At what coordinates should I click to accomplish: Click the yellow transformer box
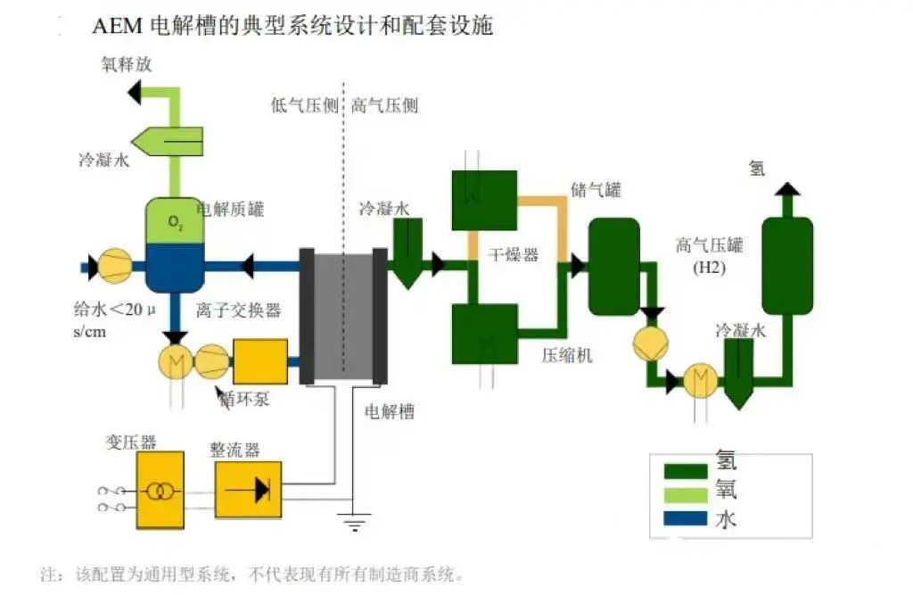tap(160, 490)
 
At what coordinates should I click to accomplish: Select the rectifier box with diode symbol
tap(248, 489)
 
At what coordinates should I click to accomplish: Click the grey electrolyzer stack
tap(342, 317)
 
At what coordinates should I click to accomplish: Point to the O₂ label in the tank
tap(174, 220)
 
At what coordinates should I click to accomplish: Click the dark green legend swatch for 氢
tap(687, 469)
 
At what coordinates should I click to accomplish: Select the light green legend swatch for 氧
tap(687, 493)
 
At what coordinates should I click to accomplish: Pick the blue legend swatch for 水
tap(687, 517)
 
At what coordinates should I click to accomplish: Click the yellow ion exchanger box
tap(259, 361)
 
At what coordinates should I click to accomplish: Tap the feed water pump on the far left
tap(113, 265)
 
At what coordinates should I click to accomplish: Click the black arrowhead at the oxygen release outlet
tap(136, 90)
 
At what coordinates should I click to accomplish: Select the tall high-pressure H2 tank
tap(786, 265)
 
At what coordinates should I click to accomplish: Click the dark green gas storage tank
tap(614, 265)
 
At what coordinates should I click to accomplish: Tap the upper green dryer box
tap(484, 199)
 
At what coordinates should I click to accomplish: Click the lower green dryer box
tap(484, 334)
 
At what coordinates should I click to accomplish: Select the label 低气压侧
tap(304, 105)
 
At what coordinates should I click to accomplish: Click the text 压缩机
tap(567, 355)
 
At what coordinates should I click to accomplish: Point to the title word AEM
tap(112, 26)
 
